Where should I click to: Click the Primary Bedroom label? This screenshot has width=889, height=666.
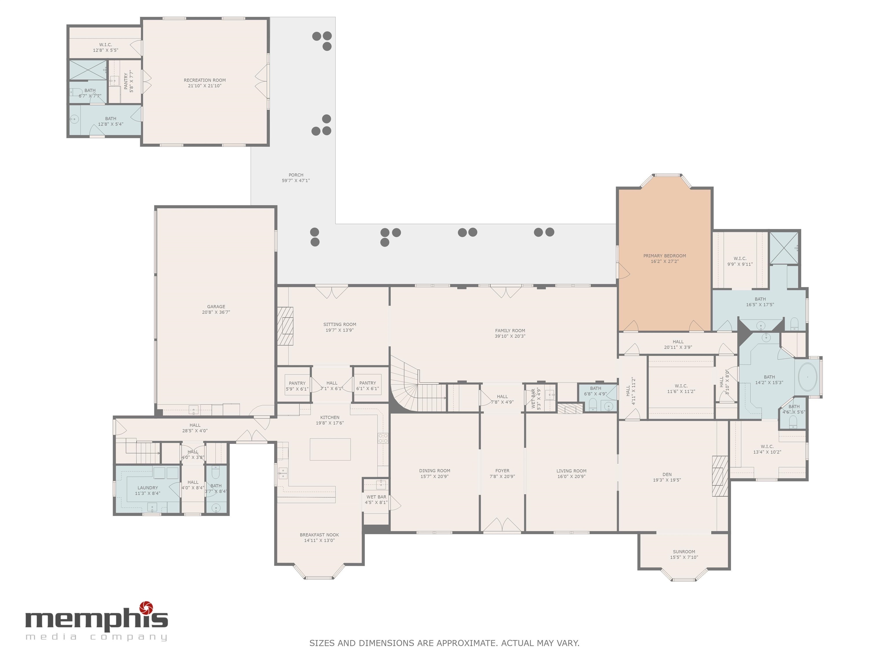coord(664,256)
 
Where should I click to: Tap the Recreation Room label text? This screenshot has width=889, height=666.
coord(205,80)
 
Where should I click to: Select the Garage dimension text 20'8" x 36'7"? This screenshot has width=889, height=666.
coord(216,312)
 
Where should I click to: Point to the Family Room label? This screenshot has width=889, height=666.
coord(510,331)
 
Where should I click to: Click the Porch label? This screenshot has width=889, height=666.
coord(296,175)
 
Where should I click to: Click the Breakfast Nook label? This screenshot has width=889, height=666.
coord(319,535)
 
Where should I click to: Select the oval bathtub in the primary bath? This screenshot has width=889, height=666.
coord(807,377)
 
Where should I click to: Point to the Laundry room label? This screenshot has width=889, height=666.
coord(148,488)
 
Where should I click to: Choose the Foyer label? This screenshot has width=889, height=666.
coord(502,471)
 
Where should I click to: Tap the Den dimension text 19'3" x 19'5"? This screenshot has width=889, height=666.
coord(667,480)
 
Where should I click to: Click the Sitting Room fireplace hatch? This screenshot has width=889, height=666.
coord(285,326)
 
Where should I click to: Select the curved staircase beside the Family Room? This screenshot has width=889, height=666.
coord(406,385)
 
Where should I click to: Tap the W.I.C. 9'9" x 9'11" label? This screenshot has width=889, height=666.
coord(740,261)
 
